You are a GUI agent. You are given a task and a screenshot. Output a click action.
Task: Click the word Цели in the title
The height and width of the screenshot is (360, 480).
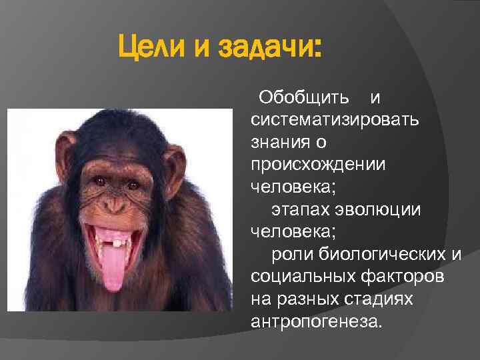(x=150, y=48)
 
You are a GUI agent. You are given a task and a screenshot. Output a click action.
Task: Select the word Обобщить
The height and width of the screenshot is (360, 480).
(x=303, y=99)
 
